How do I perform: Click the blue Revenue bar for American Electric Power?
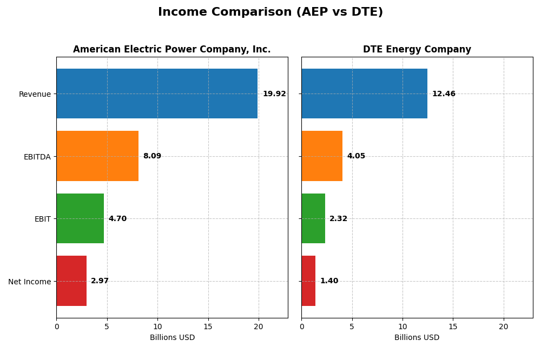[157, 94]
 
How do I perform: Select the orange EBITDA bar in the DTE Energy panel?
[322, 156]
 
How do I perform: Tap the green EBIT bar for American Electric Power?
[80, 218]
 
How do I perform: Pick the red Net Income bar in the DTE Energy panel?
[308, 281]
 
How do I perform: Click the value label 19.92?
[274, 94]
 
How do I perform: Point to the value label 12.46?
[444, 94]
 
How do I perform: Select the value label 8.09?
[152, 156]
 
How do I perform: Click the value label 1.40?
[329, 281]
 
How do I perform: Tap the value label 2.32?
[338, 219]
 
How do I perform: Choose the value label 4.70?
[117, 219]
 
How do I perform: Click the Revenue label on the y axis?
[35, 94]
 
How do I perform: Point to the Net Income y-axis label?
[29, 282]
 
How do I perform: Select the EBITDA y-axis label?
[37, 157]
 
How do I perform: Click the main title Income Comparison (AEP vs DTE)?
[270, 12]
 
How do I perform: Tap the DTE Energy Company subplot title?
[417, 50]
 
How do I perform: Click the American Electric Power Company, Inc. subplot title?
[171, 50]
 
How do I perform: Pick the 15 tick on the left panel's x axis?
[208, 326]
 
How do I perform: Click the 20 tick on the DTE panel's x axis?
[503, 326]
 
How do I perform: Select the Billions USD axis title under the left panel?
[172, 338]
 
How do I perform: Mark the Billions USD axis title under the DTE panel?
[417, 338]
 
